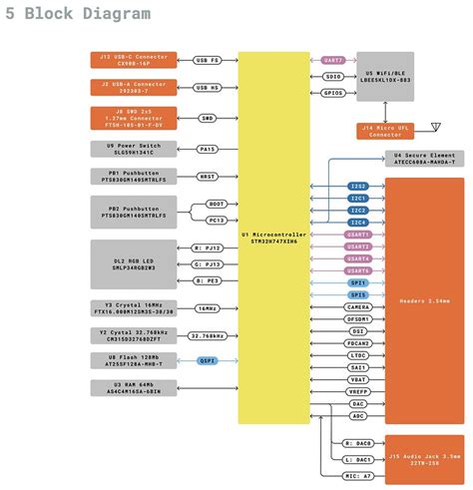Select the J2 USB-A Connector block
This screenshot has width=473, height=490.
134,88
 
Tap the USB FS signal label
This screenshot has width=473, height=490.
208,60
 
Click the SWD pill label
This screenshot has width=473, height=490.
208,119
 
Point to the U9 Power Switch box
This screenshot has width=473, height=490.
134,150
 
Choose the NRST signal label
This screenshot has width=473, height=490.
208,177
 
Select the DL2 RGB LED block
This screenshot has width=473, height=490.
134,263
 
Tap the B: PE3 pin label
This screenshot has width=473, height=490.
208,280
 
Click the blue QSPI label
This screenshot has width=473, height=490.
208,363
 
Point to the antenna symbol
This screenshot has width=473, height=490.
434,129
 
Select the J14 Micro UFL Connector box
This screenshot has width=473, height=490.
385,131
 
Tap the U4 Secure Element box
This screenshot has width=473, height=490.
425,160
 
